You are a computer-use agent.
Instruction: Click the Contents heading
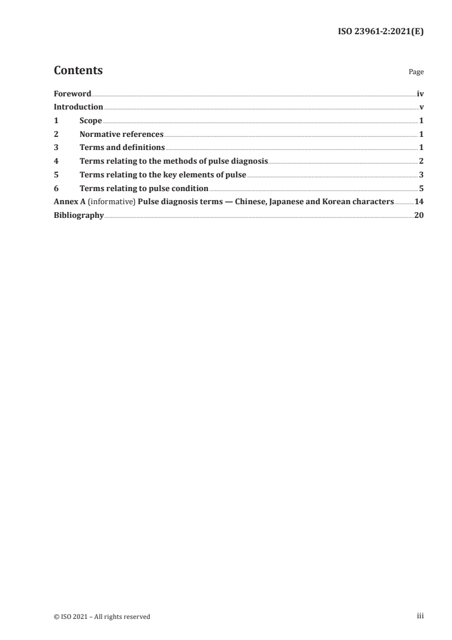pyautogui.click(x=78, y=71)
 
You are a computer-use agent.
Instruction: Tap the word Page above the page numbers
pyautogui.click(x=416, y=72)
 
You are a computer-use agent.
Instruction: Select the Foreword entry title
pyautogui.click(x=72, y=94)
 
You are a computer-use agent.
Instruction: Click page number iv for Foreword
pyautogui.click(x=420, y=94)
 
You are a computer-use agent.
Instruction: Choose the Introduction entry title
pyautogui.click(x=78, y=107)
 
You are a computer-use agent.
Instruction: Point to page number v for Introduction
pyautogui.click(x=421, y=107)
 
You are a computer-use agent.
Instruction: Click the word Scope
pyautogui.click(x=91, y=121)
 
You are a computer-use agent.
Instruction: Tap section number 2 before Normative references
pyautogui.click(x=56, y=135)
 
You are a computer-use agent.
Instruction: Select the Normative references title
pyautogui.click(x=121, y=135)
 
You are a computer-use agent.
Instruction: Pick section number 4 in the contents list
pyautogui.click(x=56, y=161)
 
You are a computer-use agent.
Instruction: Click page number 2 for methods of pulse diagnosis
pyautogui.click(x=421, y=161)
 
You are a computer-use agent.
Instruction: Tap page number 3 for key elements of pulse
pyautogui.click(x=421, y=175)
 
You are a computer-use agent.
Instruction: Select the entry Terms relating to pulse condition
pyautogui.click(x=144, y=188)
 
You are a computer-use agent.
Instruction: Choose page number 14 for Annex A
pyautogui.click(x=419, y=202)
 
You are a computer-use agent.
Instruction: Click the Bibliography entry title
pyautogui.click(x=79, y=216)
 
